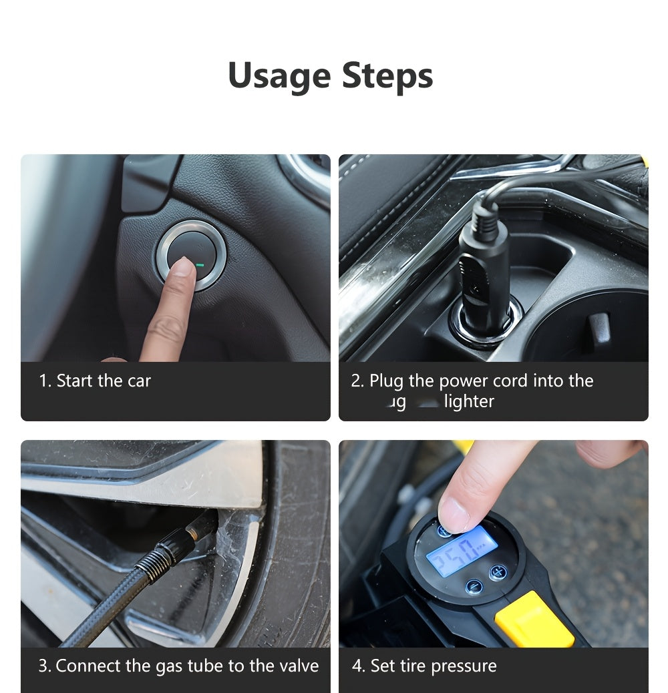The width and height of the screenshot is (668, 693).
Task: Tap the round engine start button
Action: pos(190,255)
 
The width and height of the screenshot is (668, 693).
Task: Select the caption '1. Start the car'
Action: pos(95,381)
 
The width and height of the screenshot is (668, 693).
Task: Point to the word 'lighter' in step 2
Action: pos(469,401)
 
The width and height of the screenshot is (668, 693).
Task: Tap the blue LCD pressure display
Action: pos(462,550)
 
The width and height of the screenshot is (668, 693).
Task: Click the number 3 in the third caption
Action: pos(43,666)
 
